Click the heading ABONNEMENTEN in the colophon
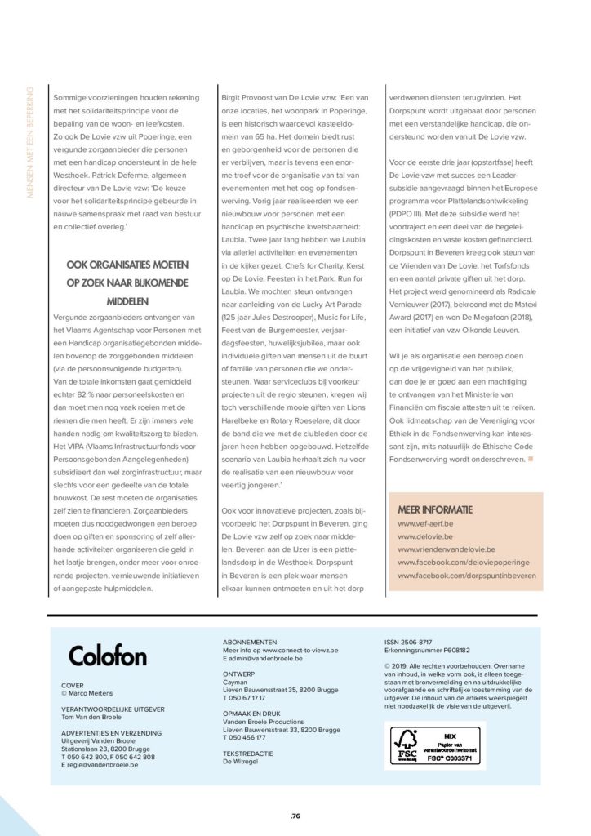coord(249,642)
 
